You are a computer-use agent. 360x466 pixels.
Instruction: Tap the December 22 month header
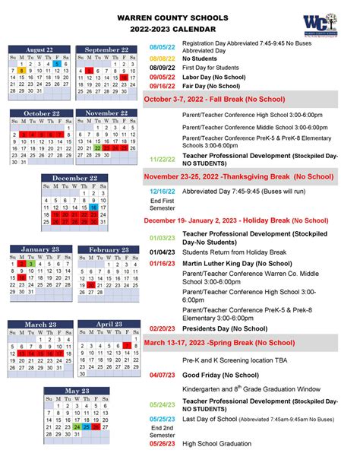click(74, 178)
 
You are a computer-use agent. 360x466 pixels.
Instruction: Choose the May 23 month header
click(75, 391)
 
